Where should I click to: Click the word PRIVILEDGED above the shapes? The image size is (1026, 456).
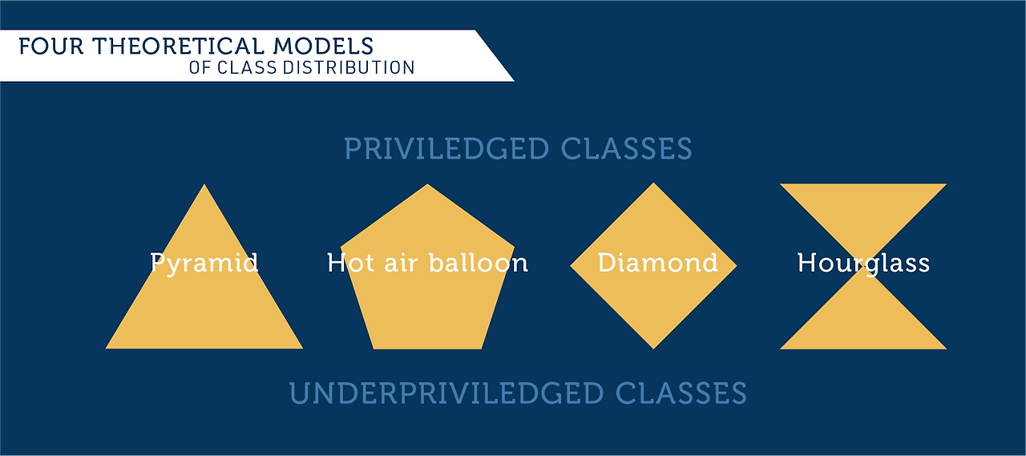point(446,149)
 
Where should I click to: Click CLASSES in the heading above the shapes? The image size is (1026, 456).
point(626,149)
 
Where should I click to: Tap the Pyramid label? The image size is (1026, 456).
point(204,263)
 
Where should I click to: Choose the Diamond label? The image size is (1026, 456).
point(657,263)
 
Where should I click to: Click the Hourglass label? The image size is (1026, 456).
point(863,263)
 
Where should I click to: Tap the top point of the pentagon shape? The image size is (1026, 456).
point(427,186)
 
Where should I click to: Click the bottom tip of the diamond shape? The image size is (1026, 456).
point(653,347)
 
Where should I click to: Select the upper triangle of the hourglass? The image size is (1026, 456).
point(863,208)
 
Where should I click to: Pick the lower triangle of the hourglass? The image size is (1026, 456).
point(863,325)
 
